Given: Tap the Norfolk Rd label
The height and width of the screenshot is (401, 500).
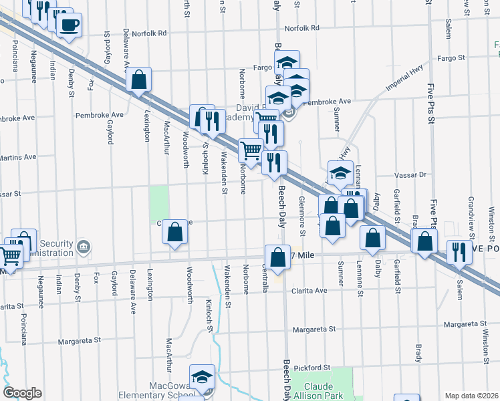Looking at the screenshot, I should (x=301, y=29).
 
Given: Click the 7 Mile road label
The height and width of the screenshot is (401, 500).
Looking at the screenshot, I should (x=304, y=255).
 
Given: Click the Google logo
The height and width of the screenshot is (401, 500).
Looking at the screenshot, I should (x=23, y=393).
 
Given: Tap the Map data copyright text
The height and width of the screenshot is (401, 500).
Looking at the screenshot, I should (x=472, y=396).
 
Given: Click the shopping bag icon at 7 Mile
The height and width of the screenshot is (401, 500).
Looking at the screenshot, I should (x=277, y=257).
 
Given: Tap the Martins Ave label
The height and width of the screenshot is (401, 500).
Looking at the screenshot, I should (x=17, y=157).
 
